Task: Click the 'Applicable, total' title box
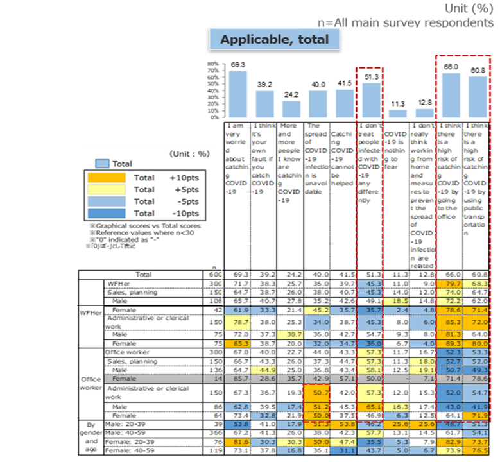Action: (x=274, y=40)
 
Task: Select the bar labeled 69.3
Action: (x=237, y=94)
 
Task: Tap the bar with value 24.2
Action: (x=291, y=109)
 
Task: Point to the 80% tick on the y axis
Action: (x=214, y=65)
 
